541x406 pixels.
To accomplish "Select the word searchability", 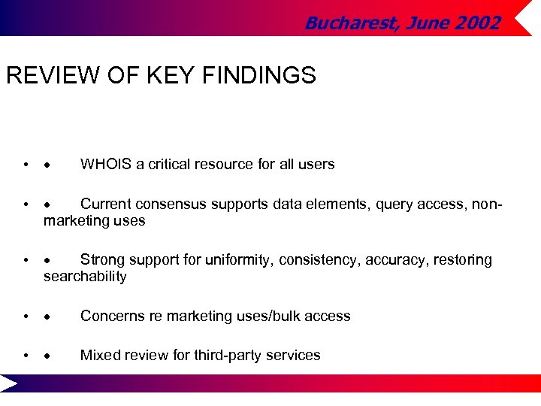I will click(85, 277).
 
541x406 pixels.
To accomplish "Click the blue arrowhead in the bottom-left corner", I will click(9, 384).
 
